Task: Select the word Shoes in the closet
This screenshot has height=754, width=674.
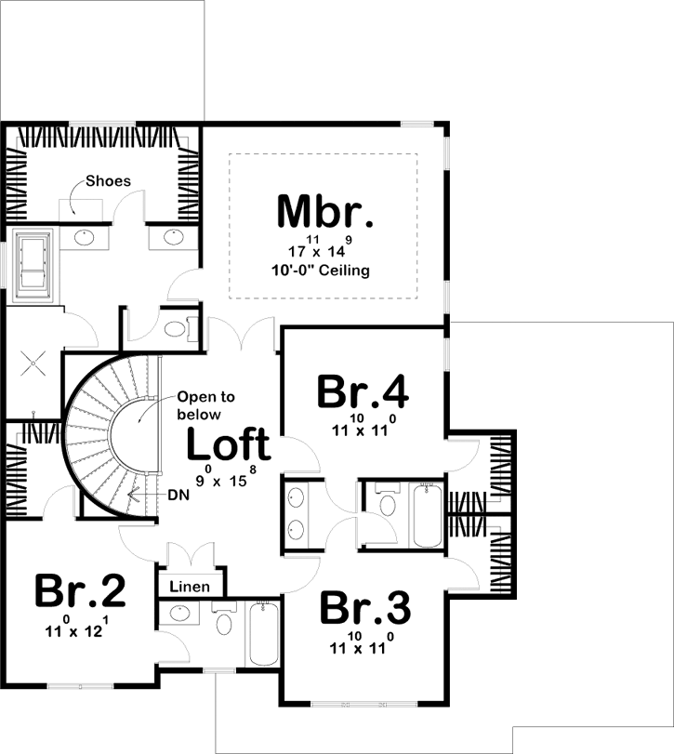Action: (x=108, y=181)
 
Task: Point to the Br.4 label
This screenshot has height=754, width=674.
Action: (x=363, y=391)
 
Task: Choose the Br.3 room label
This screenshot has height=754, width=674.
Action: (x=364, y=609)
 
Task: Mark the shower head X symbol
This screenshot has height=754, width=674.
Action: (x=33, y=364)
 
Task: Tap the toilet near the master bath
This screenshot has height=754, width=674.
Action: (x=174, y=328)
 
